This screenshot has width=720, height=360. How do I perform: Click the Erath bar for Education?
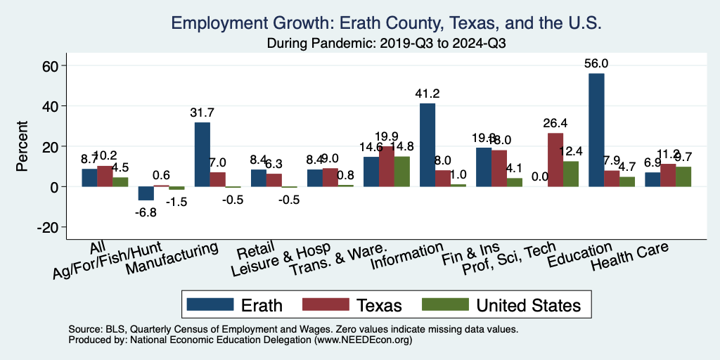(596, 130)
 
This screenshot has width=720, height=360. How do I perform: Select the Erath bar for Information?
(427, 145)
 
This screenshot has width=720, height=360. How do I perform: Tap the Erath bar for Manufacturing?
(202, 155)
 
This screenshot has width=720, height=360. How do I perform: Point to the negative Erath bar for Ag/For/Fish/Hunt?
(146, 193)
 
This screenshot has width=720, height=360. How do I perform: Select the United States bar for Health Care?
(683, 176)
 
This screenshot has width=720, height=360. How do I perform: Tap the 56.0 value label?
(596, 63)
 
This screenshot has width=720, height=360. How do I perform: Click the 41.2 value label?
(427, 94)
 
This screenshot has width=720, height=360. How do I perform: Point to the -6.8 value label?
(146, 212)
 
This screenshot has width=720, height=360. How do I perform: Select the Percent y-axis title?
(22, 146)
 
